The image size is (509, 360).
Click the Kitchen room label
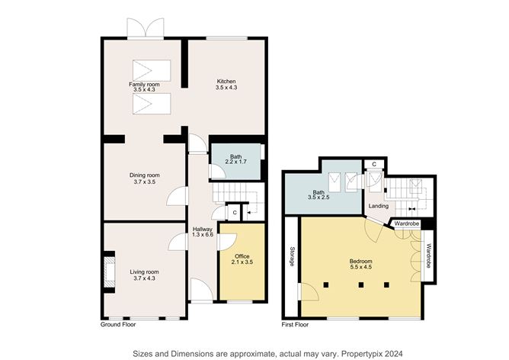(226, 81)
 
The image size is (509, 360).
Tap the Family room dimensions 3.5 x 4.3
(144, 89)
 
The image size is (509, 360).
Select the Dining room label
(145, 175)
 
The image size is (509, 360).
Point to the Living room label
(145, 272)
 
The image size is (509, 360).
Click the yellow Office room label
(242, 256)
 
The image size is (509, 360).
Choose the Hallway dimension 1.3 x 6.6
(203, 235)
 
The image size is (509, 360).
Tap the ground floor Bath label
(236, 156)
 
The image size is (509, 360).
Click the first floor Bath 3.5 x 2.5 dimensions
(319, 198)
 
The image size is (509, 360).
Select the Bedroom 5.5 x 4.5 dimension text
(360, 267)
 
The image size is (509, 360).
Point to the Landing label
(379, 206)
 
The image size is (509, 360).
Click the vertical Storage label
(292, 257)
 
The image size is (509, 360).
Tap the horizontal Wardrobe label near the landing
(407, 224)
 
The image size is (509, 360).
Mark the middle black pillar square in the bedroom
(360, 285)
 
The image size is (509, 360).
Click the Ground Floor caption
(118, 325)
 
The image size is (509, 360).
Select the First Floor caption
(295, 325)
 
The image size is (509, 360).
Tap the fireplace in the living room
(110, 272)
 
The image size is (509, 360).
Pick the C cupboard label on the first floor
(374, 165)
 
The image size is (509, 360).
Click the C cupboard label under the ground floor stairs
(235, 213)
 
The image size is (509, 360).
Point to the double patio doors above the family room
(146, 28)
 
